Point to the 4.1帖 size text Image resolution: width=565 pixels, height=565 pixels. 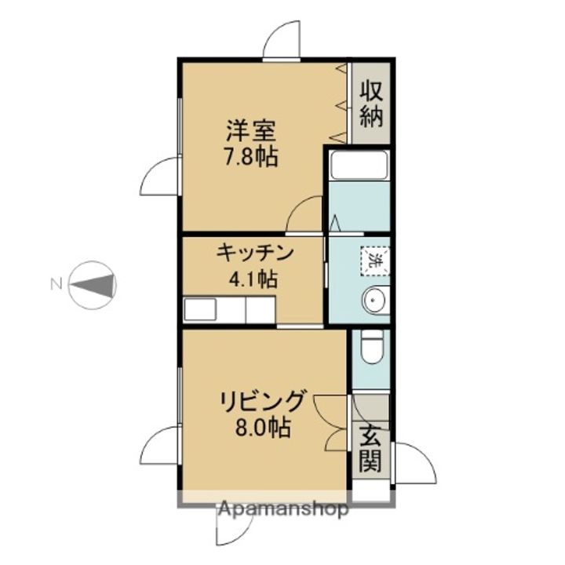coord(251,278)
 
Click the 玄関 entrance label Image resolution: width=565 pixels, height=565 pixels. coord(370,447)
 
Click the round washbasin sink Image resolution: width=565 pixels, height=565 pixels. coord(374,301)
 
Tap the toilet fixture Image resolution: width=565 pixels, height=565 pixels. coord(370,346)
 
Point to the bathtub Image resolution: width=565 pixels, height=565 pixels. coord(359,166)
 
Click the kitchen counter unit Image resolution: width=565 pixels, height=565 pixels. coord(229,309)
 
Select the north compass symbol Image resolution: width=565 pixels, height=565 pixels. coord(93,284)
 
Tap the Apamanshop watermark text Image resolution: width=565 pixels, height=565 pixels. coord(283,509)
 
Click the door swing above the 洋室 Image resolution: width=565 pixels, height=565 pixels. coord(282,39)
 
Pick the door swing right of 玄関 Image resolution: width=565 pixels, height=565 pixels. coord(414,463)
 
